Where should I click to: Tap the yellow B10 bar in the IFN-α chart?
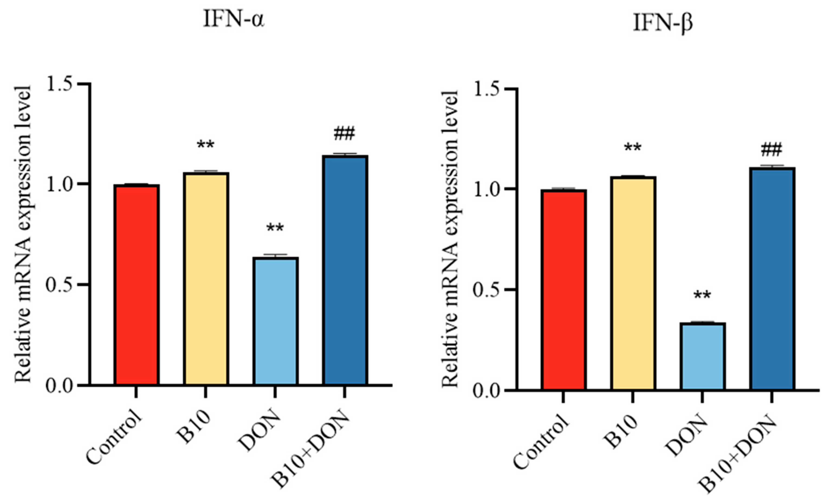tap(206, 278)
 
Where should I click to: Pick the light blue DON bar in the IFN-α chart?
tap(275, 321)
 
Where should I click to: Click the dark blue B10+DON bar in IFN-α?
tap(345, 270)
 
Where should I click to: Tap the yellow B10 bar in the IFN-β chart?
tap(633, 283)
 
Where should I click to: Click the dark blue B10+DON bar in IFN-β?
tap(772, 279)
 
